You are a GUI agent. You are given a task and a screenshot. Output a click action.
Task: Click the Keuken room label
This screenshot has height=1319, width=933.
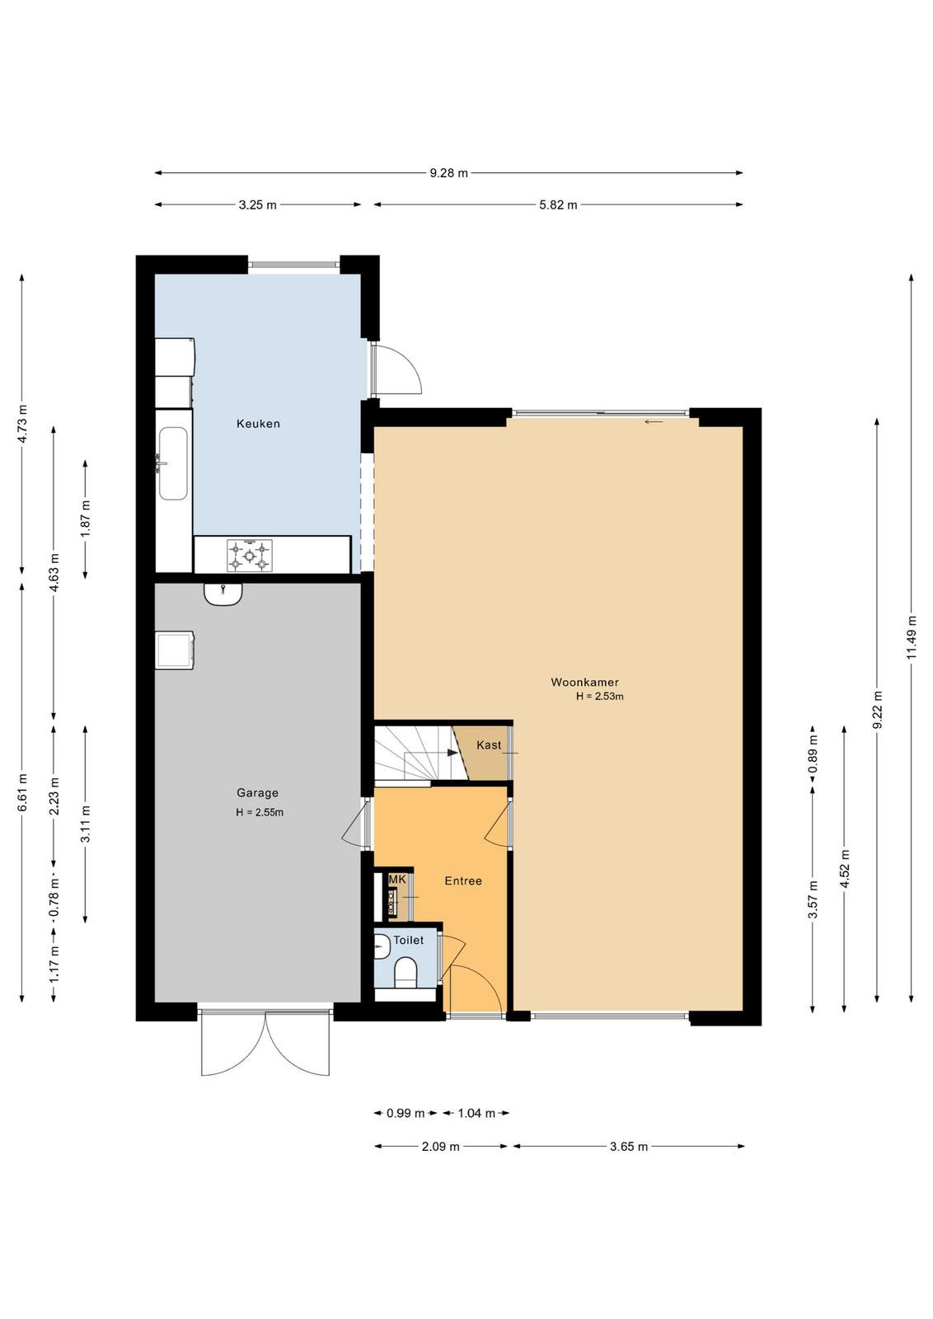(258, 424)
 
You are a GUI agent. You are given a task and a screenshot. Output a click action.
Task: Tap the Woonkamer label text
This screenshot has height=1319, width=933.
(584, 683)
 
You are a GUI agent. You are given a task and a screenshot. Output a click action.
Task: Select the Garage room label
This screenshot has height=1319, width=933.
(257, 793)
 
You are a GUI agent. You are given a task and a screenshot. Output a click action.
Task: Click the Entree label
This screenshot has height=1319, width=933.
(462, 881)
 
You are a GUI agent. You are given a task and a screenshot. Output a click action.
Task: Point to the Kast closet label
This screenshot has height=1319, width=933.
(489, 745)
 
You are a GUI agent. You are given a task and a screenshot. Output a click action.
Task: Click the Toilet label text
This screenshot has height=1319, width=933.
(408, 941)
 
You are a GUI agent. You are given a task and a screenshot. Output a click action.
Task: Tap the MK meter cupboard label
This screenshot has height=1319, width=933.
(397, 879)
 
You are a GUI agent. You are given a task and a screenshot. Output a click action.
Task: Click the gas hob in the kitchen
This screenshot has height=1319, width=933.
(250, 556)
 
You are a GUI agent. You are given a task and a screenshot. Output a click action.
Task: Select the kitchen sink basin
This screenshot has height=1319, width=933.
(173, 463)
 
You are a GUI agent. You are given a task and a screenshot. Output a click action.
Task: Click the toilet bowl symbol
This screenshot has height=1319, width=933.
(406, 972)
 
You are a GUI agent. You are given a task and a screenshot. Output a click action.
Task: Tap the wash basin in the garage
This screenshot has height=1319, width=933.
(223, 594)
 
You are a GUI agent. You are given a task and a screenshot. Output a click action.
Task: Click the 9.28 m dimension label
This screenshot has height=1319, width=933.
(448, 173)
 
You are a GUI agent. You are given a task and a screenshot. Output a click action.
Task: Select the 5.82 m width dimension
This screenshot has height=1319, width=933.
(558, 205)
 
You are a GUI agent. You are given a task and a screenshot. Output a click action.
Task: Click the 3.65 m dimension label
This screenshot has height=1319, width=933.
(629, 1147)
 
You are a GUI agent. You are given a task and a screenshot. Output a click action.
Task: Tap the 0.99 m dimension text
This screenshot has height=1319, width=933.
(405, 1113)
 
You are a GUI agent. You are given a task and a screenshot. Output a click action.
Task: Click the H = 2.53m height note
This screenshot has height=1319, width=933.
(600, 697)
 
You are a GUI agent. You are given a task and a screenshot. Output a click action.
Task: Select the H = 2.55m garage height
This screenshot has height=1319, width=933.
(260, 813)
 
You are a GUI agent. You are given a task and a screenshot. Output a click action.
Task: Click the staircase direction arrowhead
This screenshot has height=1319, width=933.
(452, 753)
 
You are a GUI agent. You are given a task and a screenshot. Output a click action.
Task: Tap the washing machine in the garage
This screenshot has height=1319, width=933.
(175, 650)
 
